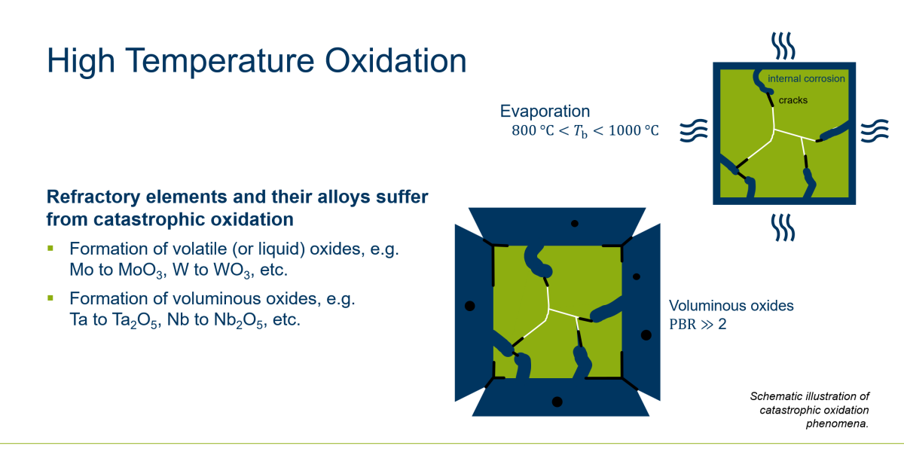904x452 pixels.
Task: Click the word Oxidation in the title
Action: point(395,61)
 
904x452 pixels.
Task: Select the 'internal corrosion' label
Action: point(806,78)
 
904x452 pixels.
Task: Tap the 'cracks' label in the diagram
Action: point(793,100)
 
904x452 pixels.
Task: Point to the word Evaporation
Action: point(545,111)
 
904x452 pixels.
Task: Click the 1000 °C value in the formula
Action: point(634,130)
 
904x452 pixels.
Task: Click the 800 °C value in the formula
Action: point(533,130)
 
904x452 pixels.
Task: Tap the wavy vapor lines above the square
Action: point(783,46)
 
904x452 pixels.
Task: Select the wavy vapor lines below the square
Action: point(783,228)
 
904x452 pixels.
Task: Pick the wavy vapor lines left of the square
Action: point(694,131)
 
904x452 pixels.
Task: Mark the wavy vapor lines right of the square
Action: point(875,131)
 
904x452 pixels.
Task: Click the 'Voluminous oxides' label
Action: point(731,306)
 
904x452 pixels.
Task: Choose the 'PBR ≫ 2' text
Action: point(698,324)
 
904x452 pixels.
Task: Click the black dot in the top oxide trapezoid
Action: point(575,224)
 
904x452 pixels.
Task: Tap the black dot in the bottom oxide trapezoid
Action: point(557,402)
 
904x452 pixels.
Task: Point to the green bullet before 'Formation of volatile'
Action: point(50,248)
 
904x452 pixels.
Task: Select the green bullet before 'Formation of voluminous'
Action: point(50,298)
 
